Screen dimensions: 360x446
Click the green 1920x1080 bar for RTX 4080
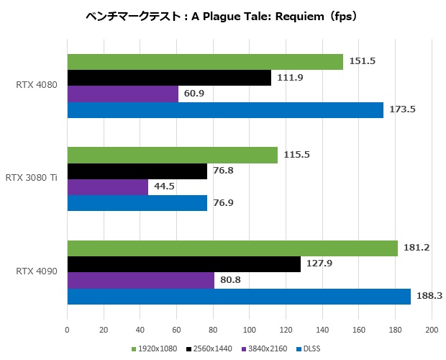205,62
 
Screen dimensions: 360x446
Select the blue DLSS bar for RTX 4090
239,297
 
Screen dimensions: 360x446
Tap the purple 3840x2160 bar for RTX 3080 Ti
107,187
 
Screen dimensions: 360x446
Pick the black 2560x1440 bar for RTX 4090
183,264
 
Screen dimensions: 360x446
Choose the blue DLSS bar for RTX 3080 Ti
137,203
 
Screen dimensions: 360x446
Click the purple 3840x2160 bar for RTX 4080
122,94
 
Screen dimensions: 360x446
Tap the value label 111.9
289,78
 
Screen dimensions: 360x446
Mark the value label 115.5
296,155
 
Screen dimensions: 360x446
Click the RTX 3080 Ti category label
32,178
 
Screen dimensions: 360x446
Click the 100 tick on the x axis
249,330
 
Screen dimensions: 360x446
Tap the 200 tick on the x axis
431,330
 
